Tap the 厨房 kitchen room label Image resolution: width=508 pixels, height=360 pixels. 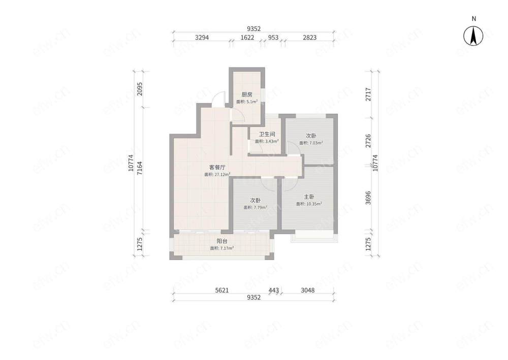coord(247,95)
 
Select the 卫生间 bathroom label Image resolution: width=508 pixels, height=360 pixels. coord(267,135)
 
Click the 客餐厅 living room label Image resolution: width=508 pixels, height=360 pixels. coord(217,168)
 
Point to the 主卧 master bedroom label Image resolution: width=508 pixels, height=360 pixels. coord(309,197)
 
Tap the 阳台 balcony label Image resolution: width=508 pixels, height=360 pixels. coord(222,241)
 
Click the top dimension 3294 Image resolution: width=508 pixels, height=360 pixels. coord(202,38)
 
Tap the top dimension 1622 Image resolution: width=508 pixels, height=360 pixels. coord(247,38)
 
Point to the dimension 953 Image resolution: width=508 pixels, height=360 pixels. coord(273,38)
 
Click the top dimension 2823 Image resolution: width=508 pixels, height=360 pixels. coord(309,38)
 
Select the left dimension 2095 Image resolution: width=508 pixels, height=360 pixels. coord(140,89)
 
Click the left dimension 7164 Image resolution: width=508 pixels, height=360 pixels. coord(140,168)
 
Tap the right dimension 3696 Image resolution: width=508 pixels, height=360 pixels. coord(368,198)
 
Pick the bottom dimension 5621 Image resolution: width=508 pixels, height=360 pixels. coord(222,290)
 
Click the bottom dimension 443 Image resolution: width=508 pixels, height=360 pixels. coord(274,290)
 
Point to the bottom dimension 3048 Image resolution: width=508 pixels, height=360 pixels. coord(307,290)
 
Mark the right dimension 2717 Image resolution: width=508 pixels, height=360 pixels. coord(368,94)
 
